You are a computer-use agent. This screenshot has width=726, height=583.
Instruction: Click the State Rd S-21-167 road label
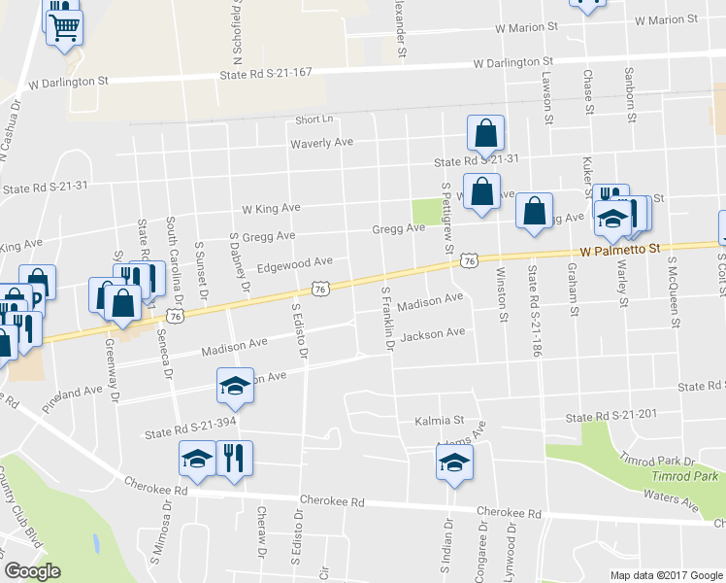pos(266,74)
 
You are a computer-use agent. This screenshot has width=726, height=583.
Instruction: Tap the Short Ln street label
pos(314,120)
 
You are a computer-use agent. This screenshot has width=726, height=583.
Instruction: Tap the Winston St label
pos(502,293)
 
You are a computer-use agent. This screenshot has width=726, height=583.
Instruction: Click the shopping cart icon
pos(65,25)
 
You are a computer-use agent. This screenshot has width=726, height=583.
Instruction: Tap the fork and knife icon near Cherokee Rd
pos(232,457)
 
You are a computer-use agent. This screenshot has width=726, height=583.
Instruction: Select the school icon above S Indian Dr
pos(453,463)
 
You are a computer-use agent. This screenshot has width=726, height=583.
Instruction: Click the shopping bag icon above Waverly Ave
pos(485,132)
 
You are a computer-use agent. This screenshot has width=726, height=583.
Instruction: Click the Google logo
pos(32,571)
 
